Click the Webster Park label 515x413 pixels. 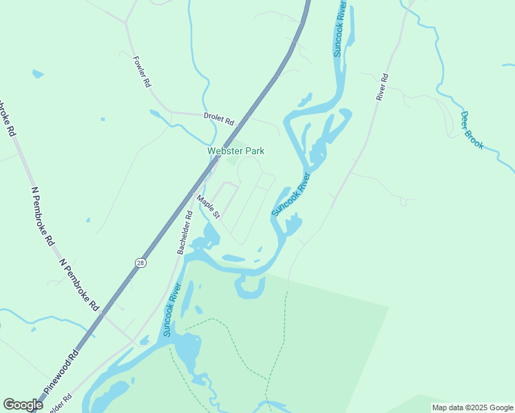[x=236, y=151]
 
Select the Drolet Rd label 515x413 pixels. [x=219, y=118]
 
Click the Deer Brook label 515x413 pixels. [x=472, y=130]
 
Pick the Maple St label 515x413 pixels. [x=208, y=207]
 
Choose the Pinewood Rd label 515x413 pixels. [x=63, y=372]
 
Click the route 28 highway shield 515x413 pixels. [x=140, y=263]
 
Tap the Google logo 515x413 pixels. [x=23, y=405]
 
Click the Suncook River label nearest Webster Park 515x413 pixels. [x=291, y=194]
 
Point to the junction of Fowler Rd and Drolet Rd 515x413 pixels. [x=168, y=112]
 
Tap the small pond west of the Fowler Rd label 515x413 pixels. [x=37, y=73]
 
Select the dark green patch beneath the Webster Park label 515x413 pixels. [x=231, y=161]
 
